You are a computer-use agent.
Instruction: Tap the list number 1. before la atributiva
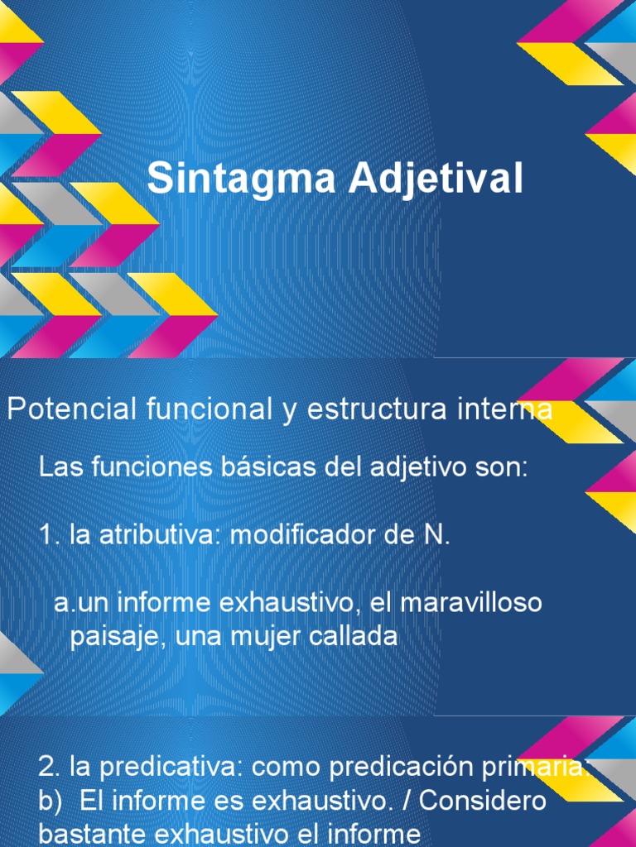click(50, 534)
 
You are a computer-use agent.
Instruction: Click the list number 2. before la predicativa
click(50, 768)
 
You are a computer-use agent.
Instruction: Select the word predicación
click(413, 768)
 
